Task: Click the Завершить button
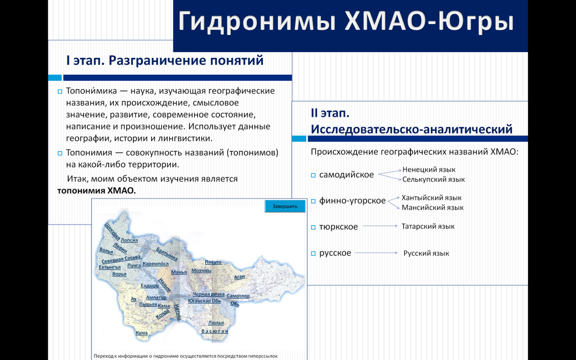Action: click(285, 206)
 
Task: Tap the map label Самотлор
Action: click(238, 296)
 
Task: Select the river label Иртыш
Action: click(177, 312)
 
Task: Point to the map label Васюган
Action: click(215, 331)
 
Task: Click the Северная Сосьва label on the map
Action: click(121, 259)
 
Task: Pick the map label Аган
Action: click(240, 277)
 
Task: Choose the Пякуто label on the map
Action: click(213, 262)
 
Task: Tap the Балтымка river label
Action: click(167, 254)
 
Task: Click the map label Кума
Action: click(142, 332)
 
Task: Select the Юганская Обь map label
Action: click(205, 300)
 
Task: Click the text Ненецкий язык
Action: click(429, 170)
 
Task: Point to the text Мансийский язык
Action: click(433, 208)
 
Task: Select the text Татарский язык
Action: click(428, 226)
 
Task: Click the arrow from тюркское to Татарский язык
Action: click(380, 226)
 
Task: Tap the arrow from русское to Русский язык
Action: click(376, 253)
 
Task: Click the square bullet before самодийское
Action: click(313, 175)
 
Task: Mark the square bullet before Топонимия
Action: click(60, 153)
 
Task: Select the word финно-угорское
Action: click(352, 201)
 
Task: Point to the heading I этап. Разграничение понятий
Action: click(165, 60)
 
